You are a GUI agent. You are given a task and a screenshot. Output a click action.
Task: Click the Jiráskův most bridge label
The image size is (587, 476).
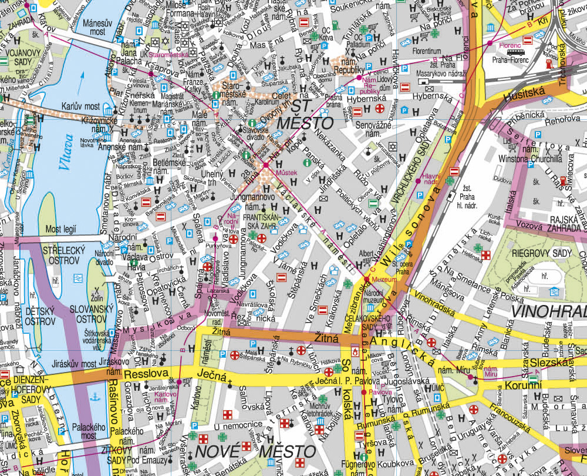pos(73,363)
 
